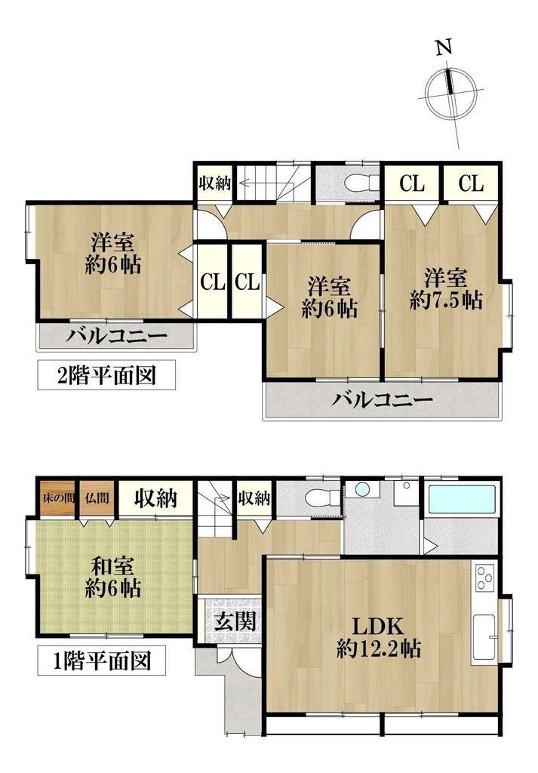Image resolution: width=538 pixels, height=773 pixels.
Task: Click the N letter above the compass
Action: click(444, 48)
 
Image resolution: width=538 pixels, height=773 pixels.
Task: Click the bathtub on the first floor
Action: click(462, 500)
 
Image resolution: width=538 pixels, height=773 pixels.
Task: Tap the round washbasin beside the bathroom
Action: click(362, 489)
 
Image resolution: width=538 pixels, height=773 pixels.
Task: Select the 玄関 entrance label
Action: click(235, 621)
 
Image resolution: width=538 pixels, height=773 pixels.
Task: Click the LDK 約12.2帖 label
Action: click(378, 638)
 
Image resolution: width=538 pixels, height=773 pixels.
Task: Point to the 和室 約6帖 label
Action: click(113, 577)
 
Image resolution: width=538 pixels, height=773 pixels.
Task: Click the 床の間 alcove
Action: click(57, 498)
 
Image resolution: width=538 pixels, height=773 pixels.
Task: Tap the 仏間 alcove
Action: click(97, 498)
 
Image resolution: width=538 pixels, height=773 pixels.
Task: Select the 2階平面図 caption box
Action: click(106, 375)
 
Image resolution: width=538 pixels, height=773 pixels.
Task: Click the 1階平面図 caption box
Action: click(102, 661)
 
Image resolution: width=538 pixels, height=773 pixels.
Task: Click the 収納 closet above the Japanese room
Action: click(155, 498)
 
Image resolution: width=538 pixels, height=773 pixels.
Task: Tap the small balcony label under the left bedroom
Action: click(117, 337)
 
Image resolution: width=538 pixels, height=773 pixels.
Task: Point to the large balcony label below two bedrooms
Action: click(382, 399)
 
